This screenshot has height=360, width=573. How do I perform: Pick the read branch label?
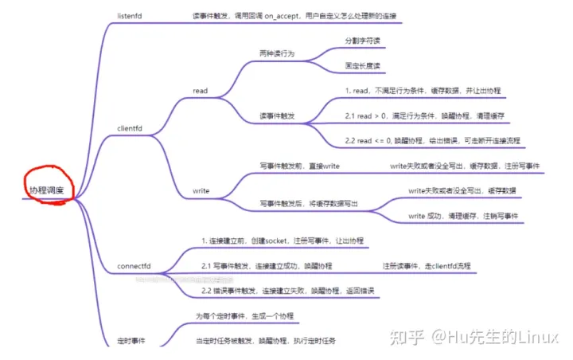click(200, 91)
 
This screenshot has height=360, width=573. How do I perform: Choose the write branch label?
click(201, 191)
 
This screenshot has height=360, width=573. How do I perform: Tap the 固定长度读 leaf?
click(362, 65)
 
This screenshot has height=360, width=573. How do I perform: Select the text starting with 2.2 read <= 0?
click(432, 140)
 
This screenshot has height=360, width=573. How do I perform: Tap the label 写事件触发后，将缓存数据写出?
click(309, 204)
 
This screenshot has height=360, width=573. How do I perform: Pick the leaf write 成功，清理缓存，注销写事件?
click(463, 216)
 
